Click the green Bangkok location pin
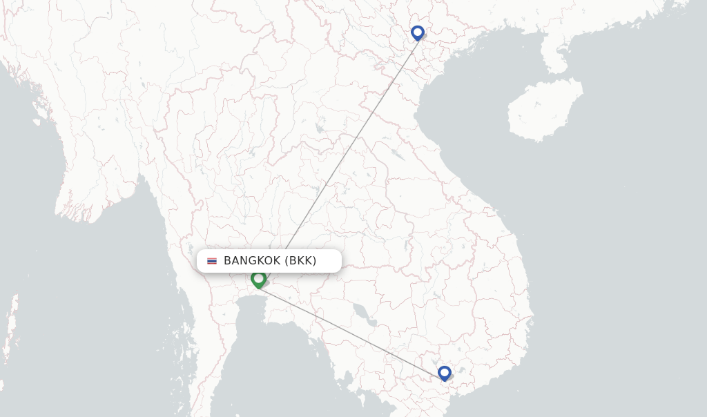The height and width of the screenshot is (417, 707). (258, 278)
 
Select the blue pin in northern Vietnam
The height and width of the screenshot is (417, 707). (417, 32)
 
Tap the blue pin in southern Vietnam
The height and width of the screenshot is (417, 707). (444, 372)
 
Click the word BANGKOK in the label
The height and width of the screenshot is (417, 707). (252, 260)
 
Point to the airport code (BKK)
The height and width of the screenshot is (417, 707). (300, 260)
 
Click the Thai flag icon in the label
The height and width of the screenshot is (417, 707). (212, 261)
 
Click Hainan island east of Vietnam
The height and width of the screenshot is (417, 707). (545, 110)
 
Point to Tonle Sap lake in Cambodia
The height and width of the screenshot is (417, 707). (362, 314)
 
